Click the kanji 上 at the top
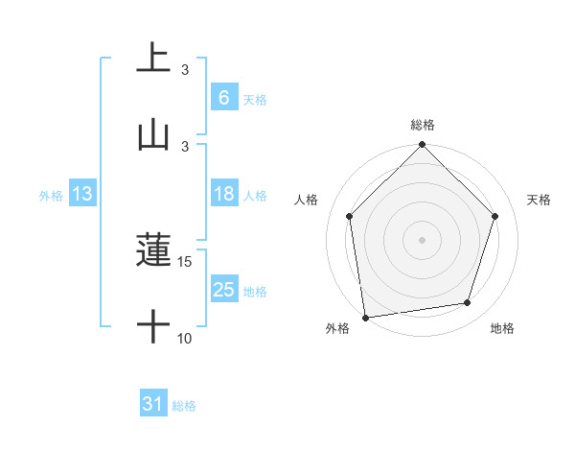[153, 58]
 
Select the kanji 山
[153, 134]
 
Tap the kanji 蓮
[153, 251]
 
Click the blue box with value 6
[223, 98]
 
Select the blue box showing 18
[223, 194]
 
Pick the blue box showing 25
[223, 290]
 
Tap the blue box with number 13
[82, 194]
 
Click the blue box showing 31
[153, 405]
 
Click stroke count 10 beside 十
[185, 338]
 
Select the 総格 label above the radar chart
[423, 125]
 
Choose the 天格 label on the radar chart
[540, 200]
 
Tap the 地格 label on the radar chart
[502, 328]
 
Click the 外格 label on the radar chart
[337, 328]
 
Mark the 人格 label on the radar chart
[307, 200]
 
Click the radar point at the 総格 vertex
[423, 146]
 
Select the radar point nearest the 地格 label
[468, 303]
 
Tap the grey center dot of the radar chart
[423, 239]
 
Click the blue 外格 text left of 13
[51, 195]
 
